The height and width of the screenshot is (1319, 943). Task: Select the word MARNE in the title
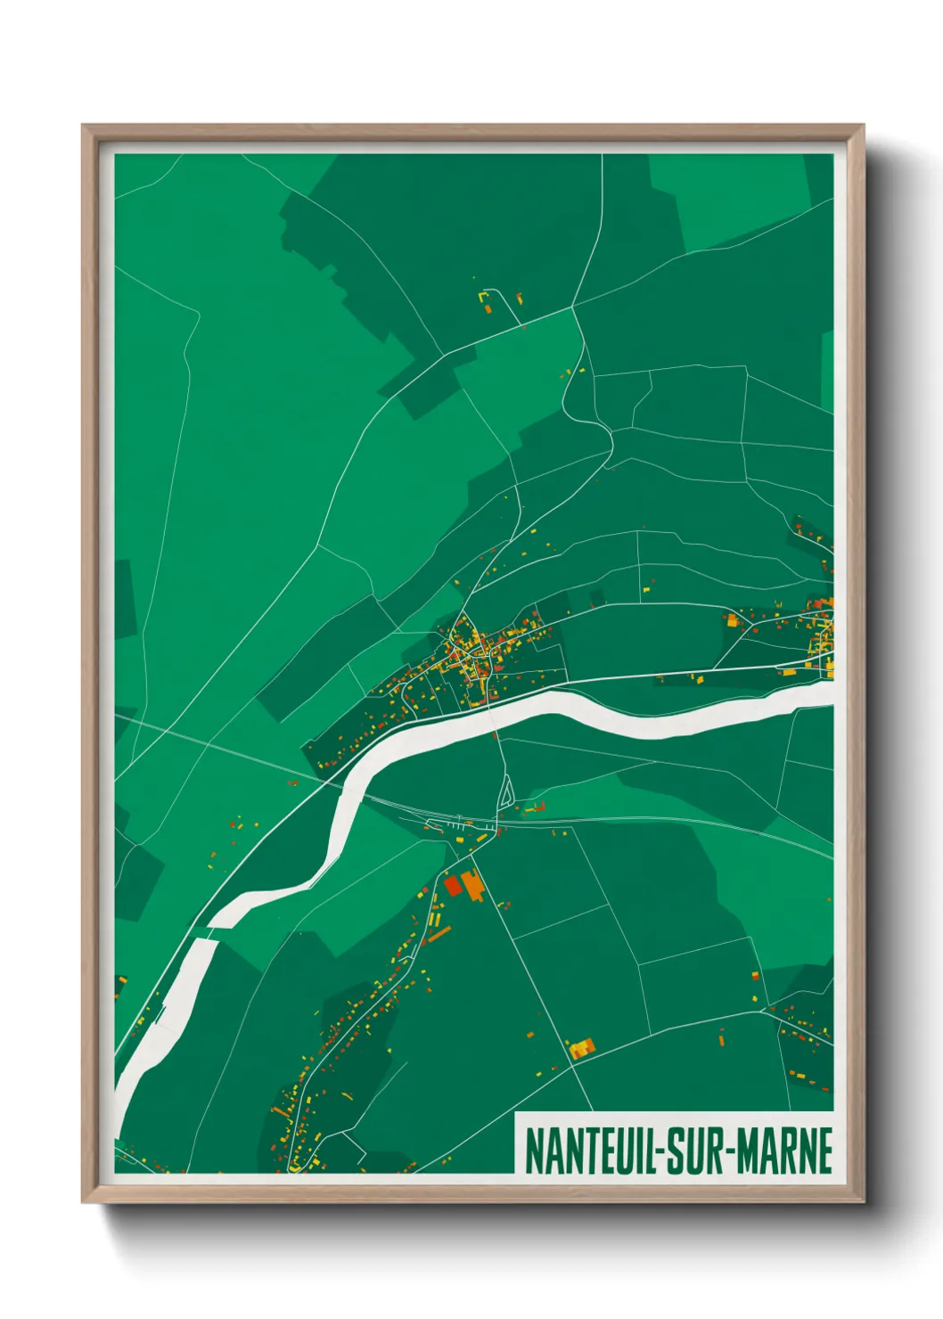tap(784, 1151)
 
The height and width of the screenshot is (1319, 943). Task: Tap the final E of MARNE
tap(824, 1151)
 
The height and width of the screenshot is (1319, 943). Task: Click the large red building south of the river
tap(452, 884)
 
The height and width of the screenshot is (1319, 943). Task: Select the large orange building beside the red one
tap(471, 885)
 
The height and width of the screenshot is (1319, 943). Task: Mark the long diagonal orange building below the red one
tap(439, 933)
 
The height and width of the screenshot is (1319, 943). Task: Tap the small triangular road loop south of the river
tap(506, 791)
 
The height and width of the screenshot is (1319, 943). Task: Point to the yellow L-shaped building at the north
tap(485, 295)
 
